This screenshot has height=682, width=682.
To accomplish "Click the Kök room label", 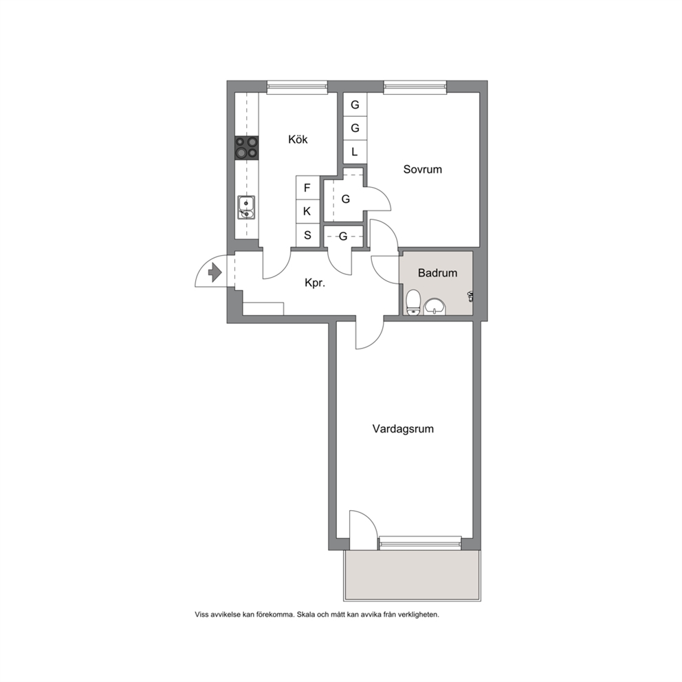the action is pos(298,139).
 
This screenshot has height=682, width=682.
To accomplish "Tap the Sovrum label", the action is pos(422,169).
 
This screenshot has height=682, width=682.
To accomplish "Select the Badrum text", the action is pos(437,273).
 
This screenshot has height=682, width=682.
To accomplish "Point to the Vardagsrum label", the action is pos(403,429).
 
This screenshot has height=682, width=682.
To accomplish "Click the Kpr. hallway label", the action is pos(315,283).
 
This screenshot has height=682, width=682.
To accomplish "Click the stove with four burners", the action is pos(247,147).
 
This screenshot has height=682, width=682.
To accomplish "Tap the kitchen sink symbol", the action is pos(246,208).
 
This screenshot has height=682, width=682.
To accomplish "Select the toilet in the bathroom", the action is pos(413,302).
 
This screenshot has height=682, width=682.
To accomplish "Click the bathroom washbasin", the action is pos(434,306).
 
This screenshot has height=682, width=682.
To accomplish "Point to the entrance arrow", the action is pos(215,273).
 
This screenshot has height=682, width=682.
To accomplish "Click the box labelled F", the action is pos(307,188).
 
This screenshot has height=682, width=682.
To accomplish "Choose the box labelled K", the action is pos(307,211).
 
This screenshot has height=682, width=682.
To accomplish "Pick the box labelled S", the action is pos(307,235).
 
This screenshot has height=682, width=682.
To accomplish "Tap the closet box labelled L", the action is pos(355,152).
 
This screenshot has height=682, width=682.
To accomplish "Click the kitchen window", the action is pos(297,87).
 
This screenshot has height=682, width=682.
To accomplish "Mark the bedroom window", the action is pos(415,87).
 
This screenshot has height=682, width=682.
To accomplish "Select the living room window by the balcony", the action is pos(420,543).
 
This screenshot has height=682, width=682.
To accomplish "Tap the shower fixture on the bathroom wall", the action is pos(470,296).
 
